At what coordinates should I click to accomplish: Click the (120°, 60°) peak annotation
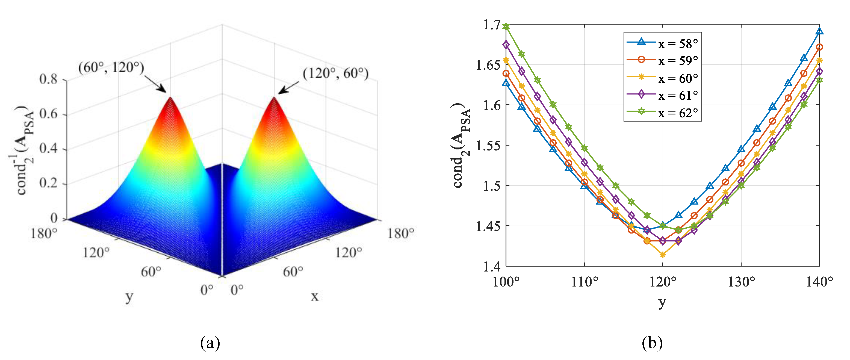[x=335, y=73]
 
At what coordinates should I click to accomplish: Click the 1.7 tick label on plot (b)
[x=491, y=25]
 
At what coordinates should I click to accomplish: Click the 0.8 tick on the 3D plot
[x=48, y=79]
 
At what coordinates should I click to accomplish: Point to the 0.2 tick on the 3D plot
[x=48, y=183]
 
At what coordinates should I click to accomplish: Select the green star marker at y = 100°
[x=506, y=26]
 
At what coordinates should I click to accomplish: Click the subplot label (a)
[x=210, y=343]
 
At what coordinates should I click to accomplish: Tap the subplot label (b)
[x=652, y=343]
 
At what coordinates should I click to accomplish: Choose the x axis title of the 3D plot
[x=314, y=296]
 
